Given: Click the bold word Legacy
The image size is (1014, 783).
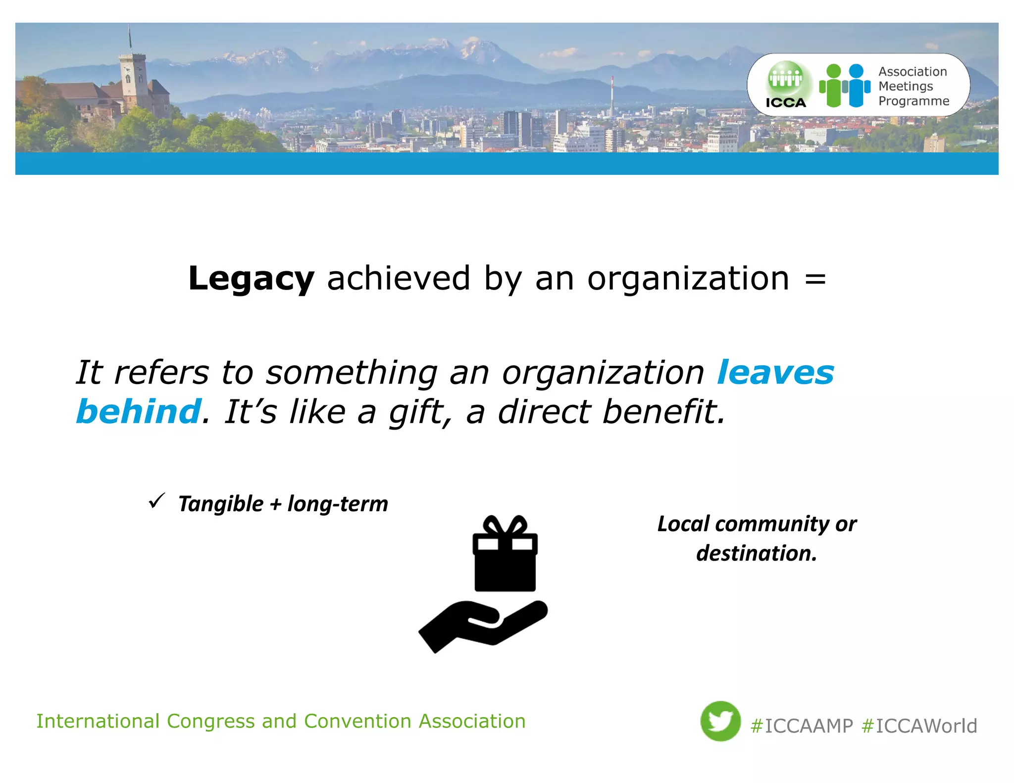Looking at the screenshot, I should click(251, 279).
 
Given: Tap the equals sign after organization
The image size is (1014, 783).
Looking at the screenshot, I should click(815, 279).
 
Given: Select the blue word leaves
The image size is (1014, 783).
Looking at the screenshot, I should click(775, 372).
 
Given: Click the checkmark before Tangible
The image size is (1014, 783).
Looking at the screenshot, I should click(156, 501).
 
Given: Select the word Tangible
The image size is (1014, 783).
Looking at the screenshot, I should click(221, 504).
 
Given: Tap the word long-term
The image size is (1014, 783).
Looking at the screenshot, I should click(338, 504).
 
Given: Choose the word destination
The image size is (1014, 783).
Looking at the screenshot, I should click(756, 553).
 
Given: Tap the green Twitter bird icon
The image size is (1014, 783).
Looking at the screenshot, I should click(720, 721).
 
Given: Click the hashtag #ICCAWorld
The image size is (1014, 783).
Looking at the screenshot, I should click(919, 726).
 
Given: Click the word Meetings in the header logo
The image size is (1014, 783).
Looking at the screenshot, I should click(906, 86).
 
